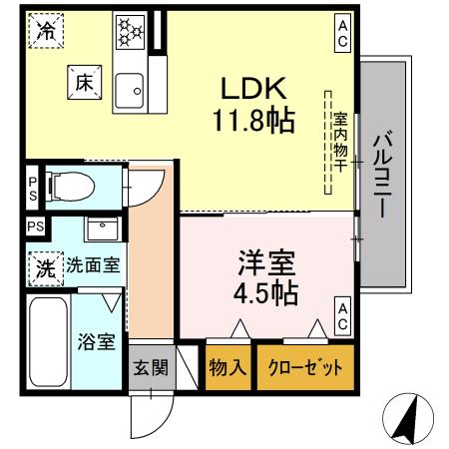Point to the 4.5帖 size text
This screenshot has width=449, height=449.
click(266, 295)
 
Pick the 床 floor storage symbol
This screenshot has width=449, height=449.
click(83, 84)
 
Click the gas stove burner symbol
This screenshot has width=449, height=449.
click(131, 31)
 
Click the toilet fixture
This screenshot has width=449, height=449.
click(73, 184)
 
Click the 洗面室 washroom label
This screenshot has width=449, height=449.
click(94, 266)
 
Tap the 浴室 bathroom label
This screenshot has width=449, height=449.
click(97, 339)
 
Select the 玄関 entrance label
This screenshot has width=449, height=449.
click(151, 367)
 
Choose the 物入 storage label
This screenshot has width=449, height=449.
click(227, 367)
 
